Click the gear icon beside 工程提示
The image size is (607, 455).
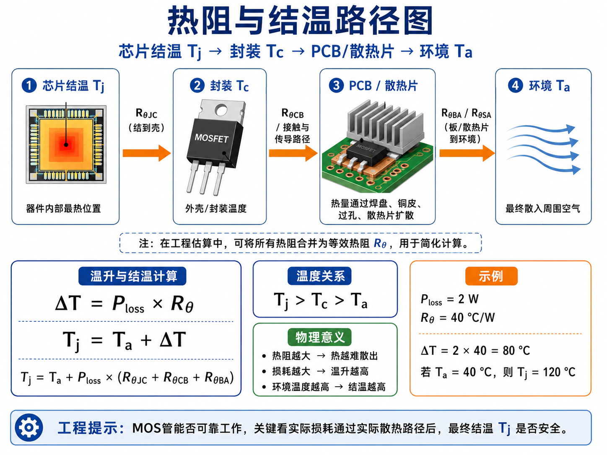coord(29,427)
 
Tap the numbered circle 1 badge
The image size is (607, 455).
coord(29,85)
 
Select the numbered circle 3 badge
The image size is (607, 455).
coord(336,85)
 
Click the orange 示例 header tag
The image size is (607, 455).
coord(491,276)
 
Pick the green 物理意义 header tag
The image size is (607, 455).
coord(319,337)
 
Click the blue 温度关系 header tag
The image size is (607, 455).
coord(319,276)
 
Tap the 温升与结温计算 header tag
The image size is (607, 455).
coord(132,276)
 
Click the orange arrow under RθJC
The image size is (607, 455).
coord(147,153)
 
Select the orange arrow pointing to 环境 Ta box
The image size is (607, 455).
coord(467,153)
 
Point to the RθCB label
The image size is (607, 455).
coord(293,113)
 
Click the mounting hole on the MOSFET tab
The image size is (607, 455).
coord(221,110)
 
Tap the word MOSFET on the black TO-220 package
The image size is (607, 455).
coord(212,138)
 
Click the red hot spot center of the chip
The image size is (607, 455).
coord(66,145)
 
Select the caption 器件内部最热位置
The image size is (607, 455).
coord(64,208)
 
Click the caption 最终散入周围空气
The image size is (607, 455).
coord(543,208)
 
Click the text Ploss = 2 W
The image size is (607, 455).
coord(449,300)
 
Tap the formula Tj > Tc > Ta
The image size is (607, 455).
coord(320,301)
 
